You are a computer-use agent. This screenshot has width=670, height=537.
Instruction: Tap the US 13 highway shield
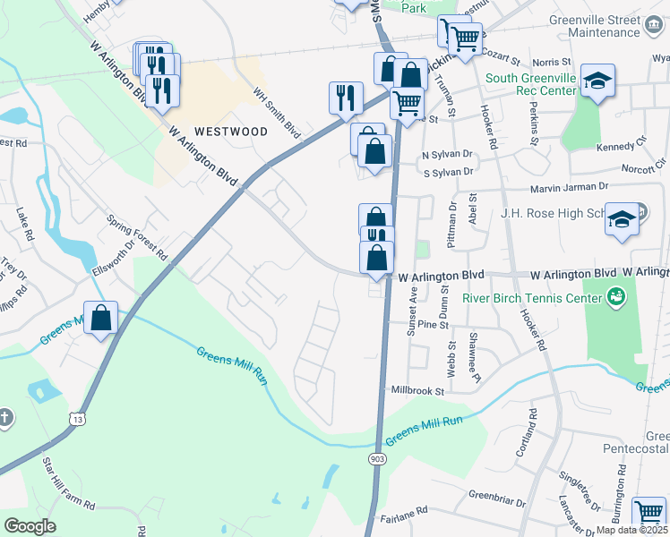pos(80,418)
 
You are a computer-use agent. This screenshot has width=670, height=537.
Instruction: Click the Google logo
pos(30,526)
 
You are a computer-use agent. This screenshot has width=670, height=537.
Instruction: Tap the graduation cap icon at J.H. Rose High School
pos(622,220)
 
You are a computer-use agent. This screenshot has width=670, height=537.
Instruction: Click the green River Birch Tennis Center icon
pos(616,294)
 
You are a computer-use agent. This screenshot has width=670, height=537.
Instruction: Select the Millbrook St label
pos(417,391)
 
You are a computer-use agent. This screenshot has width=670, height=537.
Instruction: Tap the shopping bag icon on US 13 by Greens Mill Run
pos(101,318)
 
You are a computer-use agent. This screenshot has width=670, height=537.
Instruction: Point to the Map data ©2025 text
pos(632,530)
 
